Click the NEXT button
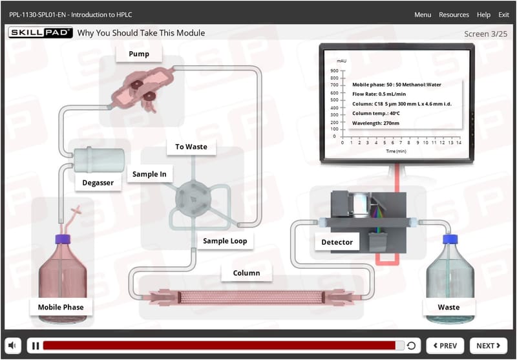tap(489, 346)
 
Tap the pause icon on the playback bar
tap(36, 346)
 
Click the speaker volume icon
tap(13, 346)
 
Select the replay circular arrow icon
tap(411, 346)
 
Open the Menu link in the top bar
tap(423, 15)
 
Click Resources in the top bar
tap(454, 15)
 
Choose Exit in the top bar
tap(503, 15)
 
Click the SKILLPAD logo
tap(40, 32)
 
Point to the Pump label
tap(139, 54)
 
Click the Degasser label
tap(98, 183)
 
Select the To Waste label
tap(191, 147)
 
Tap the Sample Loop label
tap(225, 241)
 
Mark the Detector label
tap(337, 242)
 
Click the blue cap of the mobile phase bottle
tap(63, 238)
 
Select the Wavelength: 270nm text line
tap(375, 123)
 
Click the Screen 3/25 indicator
tap(486, 34)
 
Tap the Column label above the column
tap(246, 273)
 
